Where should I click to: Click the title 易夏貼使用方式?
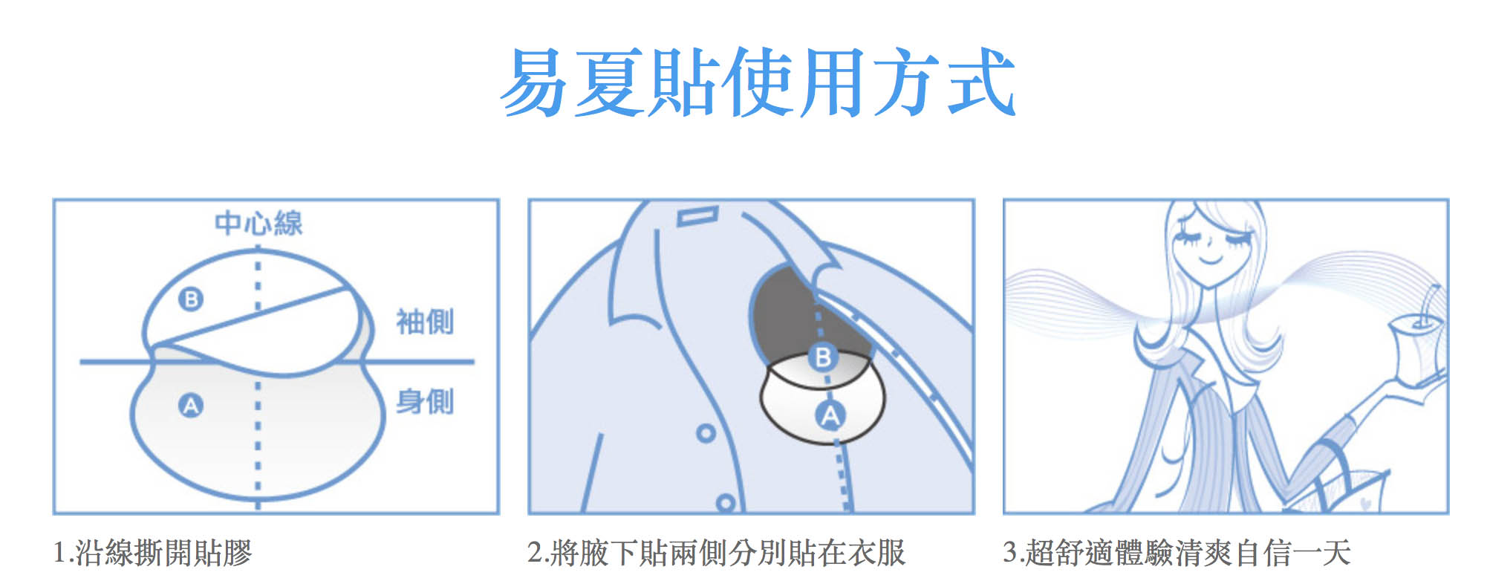tap(758, 82)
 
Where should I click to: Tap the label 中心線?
tap(258, 223)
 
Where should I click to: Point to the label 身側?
tap(425, 402)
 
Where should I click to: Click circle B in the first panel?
tap(191, 299)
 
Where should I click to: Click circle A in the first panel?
tap(191, 406)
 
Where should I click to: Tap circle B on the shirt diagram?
tap(823, 357)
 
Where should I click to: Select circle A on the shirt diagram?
tap(830, 415)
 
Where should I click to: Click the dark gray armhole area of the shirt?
tap(787, 312)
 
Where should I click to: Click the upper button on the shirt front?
tap(706, 432)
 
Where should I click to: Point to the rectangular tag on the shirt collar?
tap(697, 217)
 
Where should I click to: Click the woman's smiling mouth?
tap(1211, 260)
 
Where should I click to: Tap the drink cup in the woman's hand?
tap(1415, 345)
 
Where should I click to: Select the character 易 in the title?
tap(536, 82)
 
